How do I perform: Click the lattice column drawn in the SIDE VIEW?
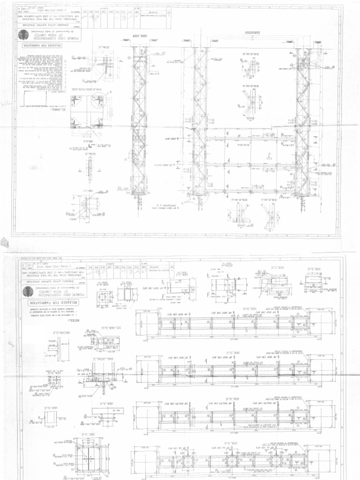tap(139, 122)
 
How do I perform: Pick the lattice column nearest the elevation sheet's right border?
tap(302, 122)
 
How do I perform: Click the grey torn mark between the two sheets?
tap(5, 243)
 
